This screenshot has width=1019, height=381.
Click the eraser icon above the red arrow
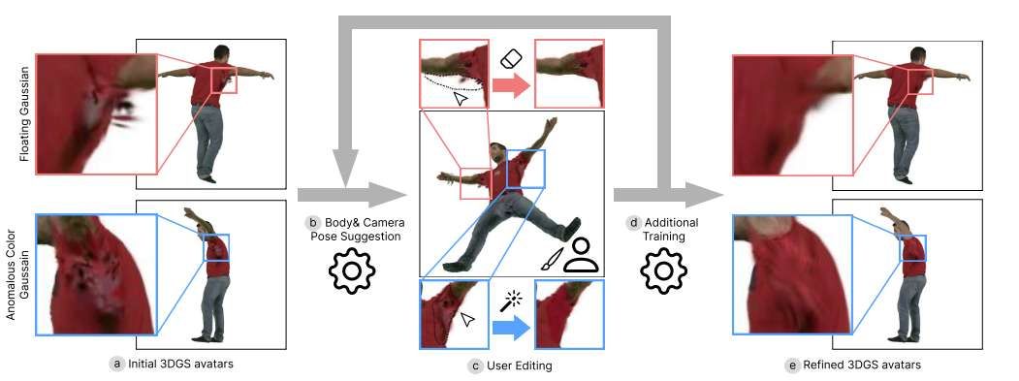click(x=511, y=58)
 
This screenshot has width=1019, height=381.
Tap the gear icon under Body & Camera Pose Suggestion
click(x=352, y=270)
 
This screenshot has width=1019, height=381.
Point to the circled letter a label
click(x=118, y=364)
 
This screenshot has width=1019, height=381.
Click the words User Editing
click(x=518, y=365)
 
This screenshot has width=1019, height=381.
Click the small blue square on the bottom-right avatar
click(x=913, y=247)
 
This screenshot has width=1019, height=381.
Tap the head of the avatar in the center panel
click(x=497, y=153)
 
